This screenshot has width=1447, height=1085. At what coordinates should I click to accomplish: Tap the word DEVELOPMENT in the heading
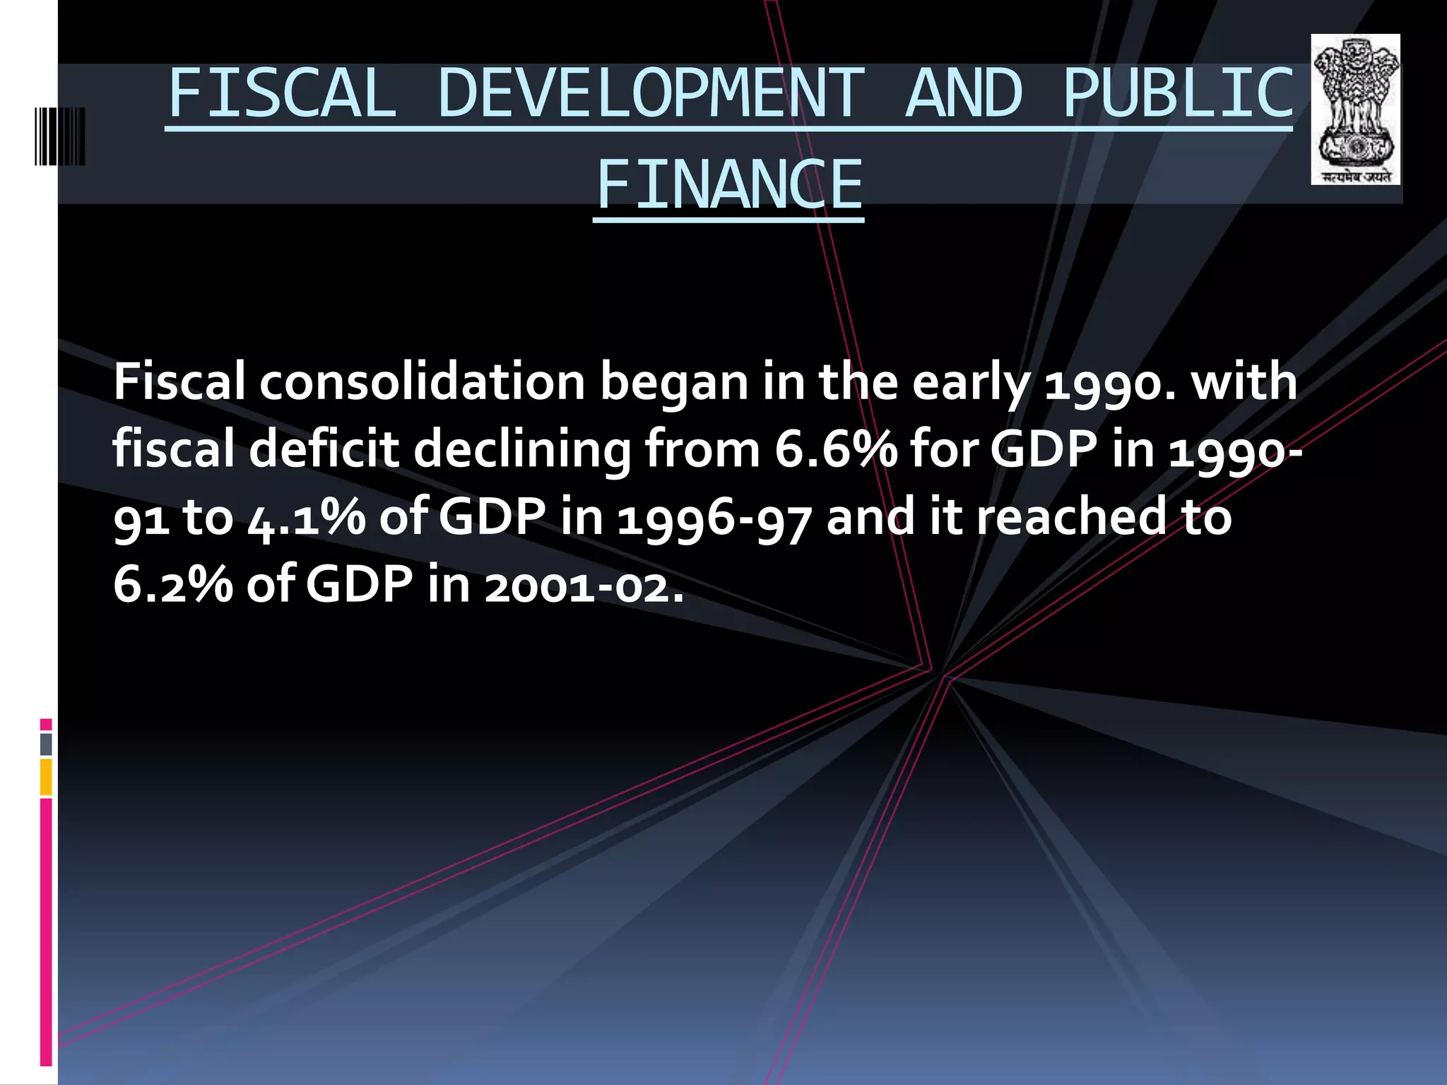650,94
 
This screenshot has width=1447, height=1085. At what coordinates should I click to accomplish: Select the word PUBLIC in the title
1178,94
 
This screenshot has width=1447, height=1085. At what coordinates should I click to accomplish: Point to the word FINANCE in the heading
729,185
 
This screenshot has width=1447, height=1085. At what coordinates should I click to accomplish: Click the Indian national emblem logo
1355,109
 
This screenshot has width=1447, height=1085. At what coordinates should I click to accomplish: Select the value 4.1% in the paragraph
307,517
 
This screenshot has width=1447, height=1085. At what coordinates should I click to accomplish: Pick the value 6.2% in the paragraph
172,584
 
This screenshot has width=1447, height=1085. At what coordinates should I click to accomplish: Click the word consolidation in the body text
422,382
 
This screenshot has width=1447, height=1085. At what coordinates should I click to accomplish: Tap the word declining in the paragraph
521,451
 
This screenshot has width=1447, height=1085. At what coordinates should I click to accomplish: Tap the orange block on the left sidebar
46,777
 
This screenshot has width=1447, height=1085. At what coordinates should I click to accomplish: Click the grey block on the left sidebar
46,745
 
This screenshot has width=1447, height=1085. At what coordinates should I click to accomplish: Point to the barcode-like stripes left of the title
60,136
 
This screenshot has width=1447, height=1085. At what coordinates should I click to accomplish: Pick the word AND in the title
963,94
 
